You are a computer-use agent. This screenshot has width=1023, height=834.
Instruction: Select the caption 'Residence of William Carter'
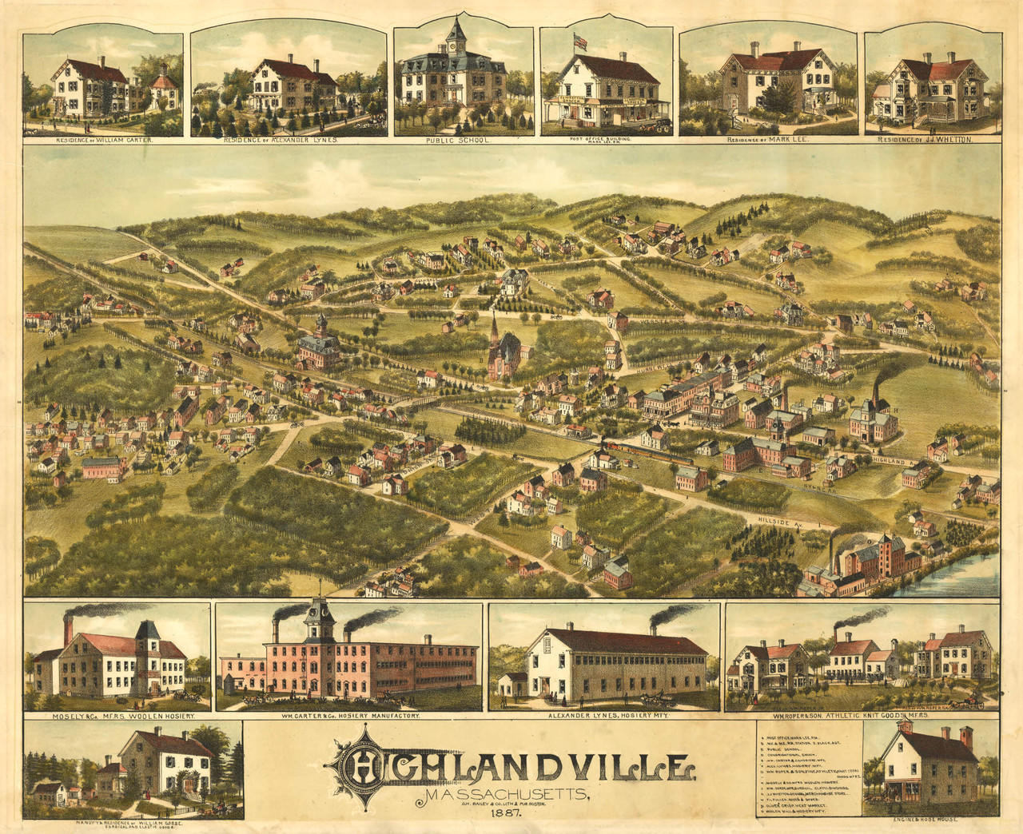click(103, 140)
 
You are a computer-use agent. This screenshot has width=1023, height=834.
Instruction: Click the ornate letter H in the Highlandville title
click(364, 764)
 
